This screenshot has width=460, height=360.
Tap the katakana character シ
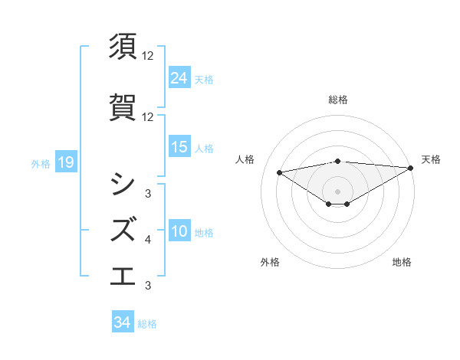(x=123, y=183)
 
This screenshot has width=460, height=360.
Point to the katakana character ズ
(x=123, y=229)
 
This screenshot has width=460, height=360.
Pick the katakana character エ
(x=123, y=275)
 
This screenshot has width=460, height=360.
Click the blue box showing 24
(x=179, y=77)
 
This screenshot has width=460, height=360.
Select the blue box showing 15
(x=179, y=147)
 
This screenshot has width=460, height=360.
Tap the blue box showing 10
(x=179, y=231)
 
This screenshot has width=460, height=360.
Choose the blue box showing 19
(x=65, y=162)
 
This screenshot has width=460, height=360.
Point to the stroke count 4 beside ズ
(x=148, y=241)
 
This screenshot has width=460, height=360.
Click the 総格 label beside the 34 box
(x=147, y=324)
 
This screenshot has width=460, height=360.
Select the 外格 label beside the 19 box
(x=41, y=163)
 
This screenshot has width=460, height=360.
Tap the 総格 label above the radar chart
(x=337, y=100)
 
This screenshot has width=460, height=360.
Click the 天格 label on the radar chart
(x=431, y=159)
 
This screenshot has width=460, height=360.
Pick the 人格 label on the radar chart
(x=245, y=159)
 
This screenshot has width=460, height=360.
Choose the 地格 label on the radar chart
(x=402, y=262)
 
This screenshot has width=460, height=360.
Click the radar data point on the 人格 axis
(x=280, y=172)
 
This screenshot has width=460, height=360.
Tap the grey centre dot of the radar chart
(x=337, y=191)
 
